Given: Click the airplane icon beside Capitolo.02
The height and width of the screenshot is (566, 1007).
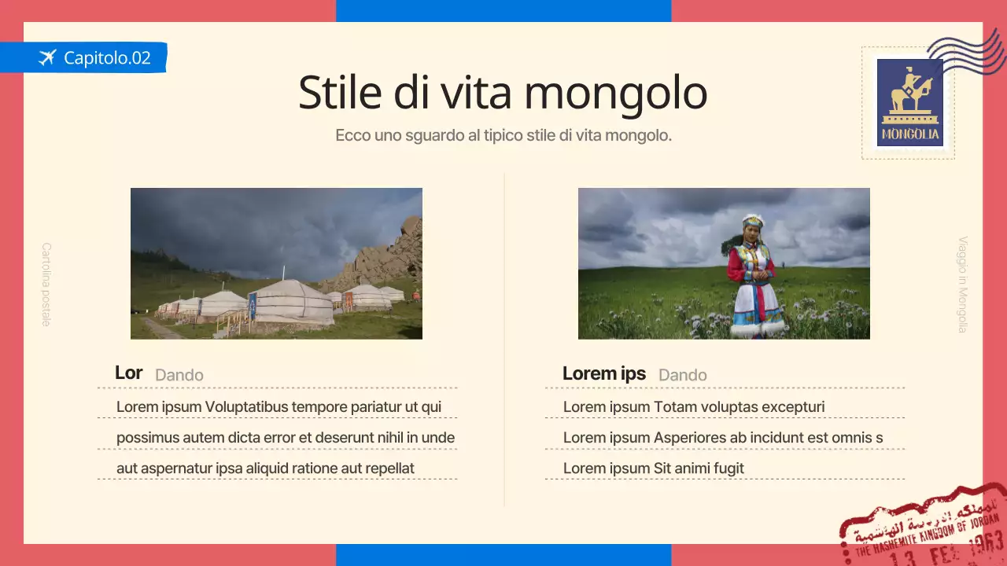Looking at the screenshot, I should [47, 57].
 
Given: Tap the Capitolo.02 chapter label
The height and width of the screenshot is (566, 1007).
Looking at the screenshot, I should [107, 57].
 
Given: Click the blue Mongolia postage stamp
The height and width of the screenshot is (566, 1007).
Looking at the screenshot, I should [909, 102].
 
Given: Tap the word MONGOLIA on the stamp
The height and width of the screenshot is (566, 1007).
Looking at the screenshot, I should [910, 134].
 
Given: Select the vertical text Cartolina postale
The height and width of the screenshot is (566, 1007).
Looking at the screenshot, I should [46, 284].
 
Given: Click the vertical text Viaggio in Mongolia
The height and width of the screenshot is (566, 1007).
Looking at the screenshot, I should [962, 285].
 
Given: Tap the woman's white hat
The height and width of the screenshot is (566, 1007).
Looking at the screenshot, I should [753, 222].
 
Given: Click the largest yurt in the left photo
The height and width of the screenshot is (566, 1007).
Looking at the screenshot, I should [290, 302].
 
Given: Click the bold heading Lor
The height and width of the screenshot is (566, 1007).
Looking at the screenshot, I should [128, 373].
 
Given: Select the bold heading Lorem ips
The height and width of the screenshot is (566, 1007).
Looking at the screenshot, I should [603, 373].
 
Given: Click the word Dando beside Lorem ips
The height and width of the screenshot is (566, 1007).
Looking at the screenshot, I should [682, 375].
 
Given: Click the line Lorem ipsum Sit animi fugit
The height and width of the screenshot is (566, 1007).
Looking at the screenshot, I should [653, 469].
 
